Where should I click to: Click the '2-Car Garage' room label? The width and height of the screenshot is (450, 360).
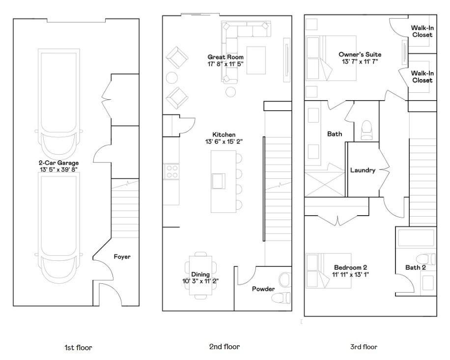pos(58,163)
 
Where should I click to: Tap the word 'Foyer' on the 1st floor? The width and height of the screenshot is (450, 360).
pos(122,256)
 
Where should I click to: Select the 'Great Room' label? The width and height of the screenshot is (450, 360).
pos(225,57)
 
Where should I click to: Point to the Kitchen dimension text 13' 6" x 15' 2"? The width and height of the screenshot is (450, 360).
pos(224,141)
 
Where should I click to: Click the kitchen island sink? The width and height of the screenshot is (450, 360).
pos(219,180)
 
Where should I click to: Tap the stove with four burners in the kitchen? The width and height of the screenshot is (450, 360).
pos(170,171)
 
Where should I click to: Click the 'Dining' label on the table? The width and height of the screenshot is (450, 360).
pos(200,275)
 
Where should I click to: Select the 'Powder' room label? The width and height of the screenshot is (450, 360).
pos(263,289)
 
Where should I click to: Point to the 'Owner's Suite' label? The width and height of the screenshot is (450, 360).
pos(360,55)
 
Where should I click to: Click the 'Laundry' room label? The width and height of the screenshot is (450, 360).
pos(363,170)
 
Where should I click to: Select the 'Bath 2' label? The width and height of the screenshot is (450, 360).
pos(416,268)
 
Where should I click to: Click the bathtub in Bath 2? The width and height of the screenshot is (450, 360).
pos(416,239)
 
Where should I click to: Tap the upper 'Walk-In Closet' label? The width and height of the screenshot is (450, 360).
pos(422,31)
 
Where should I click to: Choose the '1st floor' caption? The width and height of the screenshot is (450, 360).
pos(78,347)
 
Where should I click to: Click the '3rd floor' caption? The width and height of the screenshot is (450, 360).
pos(364,347)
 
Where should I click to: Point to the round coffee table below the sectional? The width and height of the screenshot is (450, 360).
pos(230,91)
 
